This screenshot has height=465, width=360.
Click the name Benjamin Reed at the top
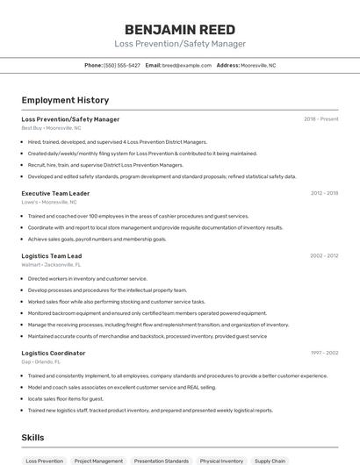[180, 29]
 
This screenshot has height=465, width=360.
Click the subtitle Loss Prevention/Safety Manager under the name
[180, 44]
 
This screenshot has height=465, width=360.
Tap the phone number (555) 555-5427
[122, 66]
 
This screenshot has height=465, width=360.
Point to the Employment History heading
[65, 100]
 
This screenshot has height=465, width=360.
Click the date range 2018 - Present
[321, 119]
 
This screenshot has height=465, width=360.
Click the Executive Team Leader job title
[55, 193]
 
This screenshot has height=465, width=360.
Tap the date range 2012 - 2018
[324, 193]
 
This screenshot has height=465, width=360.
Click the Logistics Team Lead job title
[52, 256]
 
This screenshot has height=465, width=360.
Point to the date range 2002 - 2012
[324, 256]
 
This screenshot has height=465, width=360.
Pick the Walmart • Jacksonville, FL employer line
[51, 264]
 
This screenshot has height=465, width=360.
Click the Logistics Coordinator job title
[54, 353]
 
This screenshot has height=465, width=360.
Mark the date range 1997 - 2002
[324, 353]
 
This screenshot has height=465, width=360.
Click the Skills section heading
[33, 436]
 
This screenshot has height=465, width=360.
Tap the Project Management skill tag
[98, 461]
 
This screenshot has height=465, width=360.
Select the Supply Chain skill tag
[270, 461]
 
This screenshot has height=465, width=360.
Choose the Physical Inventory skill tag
[221, 461]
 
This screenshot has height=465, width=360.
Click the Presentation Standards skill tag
[161, 461]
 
